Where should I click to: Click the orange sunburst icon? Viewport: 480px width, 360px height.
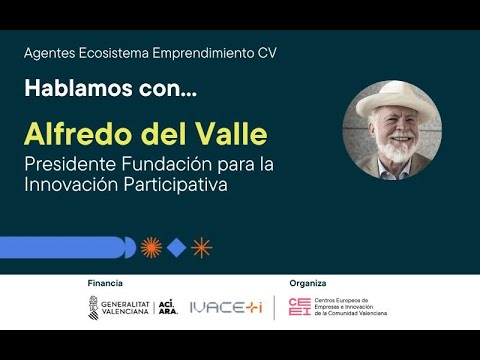click(151, 247)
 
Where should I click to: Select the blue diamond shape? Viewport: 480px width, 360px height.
click(176, 247)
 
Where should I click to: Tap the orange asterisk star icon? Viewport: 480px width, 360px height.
click(201, 247)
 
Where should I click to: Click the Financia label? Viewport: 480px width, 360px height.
click(105, 283)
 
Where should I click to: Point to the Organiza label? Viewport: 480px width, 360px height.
click(307, 283)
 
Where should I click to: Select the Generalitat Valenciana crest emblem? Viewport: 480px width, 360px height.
click(93, 307)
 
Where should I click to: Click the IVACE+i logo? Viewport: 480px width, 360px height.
click(225, 307)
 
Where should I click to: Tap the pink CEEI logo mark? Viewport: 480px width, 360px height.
click(298, 307)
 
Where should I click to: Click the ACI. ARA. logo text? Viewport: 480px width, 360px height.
click(167, 307)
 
